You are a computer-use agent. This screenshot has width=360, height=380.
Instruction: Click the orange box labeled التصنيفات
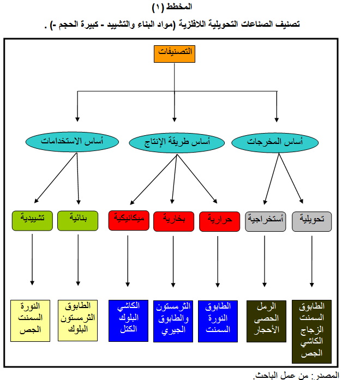(175, 54)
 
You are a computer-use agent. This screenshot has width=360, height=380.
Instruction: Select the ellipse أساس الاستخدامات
(72, 142)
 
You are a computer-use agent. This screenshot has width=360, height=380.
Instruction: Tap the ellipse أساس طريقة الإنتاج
(177, 143)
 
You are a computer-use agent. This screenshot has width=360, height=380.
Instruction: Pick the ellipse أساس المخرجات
(275, 142)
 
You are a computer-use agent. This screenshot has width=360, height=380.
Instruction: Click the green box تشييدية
(32, 221)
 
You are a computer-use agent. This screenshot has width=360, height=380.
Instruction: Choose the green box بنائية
(78, 221)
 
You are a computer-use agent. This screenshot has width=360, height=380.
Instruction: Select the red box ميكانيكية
(129, 221)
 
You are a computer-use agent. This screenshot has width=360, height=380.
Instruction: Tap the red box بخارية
(174, 221)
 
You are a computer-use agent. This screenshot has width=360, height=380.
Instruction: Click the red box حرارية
(220, 221)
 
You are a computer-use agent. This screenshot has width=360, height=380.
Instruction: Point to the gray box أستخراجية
(266, 221)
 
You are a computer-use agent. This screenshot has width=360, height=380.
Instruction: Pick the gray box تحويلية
(312, 221)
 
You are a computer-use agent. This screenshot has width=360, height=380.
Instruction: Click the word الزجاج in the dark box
(312, 330)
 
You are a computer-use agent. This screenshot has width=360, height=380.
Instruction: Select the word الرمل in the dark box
(266, 306)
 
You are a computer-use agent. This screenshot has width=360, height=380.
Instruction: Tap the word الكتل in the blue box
(129, 329)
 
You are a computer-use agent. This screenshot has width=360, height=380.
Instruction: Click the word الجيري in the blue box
(173, 330)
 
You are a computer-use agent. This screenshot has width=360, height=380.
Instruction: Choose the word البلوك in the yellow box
(78, 329)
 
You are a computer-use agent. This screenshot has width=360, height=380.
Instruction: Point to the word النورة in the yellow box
(31, 306)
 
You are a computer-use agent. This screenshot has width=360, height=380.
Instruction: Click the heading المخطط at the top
(179, 7)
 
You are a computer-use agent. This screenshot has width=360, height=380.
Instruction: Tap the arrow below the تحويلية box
(312, 261)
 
